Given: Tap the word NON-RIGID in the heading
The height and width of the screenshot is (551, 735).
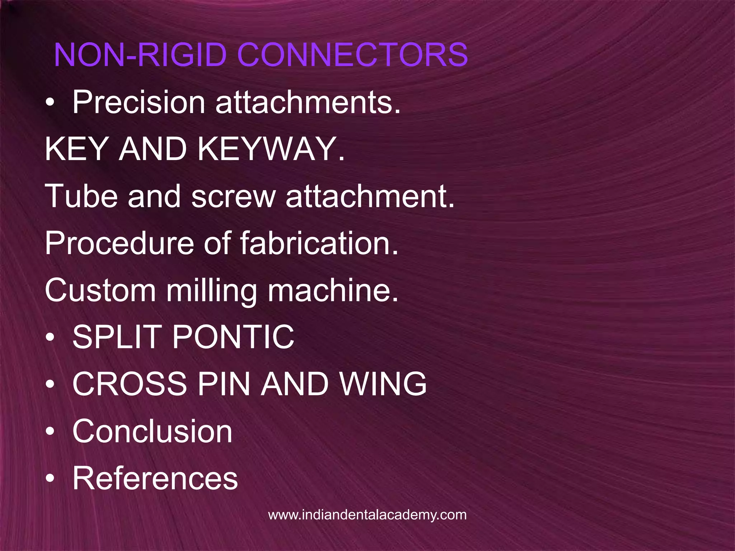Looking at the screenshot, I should pyautogui.click(x=140, y=55).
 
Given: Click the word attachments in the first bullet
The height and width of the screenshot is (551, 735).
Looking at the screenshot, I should pyautogui.click(x=308, y=103).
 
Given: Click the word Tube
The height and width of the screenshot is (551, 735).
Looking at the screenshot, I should pyautogui.click(x=81, y=196).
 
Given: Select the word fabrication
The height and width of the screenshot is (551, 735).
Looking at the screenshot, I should pyautogui.click(x=319, y=244).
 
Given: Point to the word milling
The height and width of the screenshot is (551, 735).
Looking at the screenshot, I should pyautogui.click(x=212, y=291).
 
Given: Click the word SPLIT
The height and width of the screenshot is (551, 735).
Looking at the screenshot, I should pyautogui.click(x=116, y=337).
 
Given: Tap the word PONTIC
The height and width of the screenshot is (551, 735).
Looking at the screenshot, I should pyautogui.click(x=234, y=337).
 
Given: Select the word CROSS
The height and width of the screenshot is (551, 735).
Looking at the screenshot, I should pyautogui.click(x=130, y=384).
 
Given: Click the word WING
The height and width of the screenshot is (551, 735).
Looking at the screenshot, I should pyautogui.click(x=383, y=384).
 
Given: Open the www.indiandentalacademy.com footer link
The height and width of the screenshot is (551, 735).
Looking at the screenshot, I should pyautogui.click(x=367, y=515).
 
